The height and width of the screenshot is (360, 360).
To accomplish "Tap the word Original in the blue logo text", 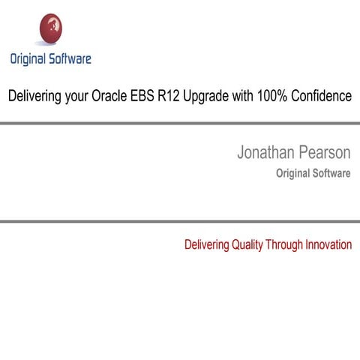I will pos(28,58).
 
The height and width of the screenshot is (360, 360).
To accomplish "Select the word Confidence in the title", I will pos(325,97).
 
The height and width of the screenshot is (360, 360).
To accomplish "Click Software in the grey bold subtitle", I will pos(331,174).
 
